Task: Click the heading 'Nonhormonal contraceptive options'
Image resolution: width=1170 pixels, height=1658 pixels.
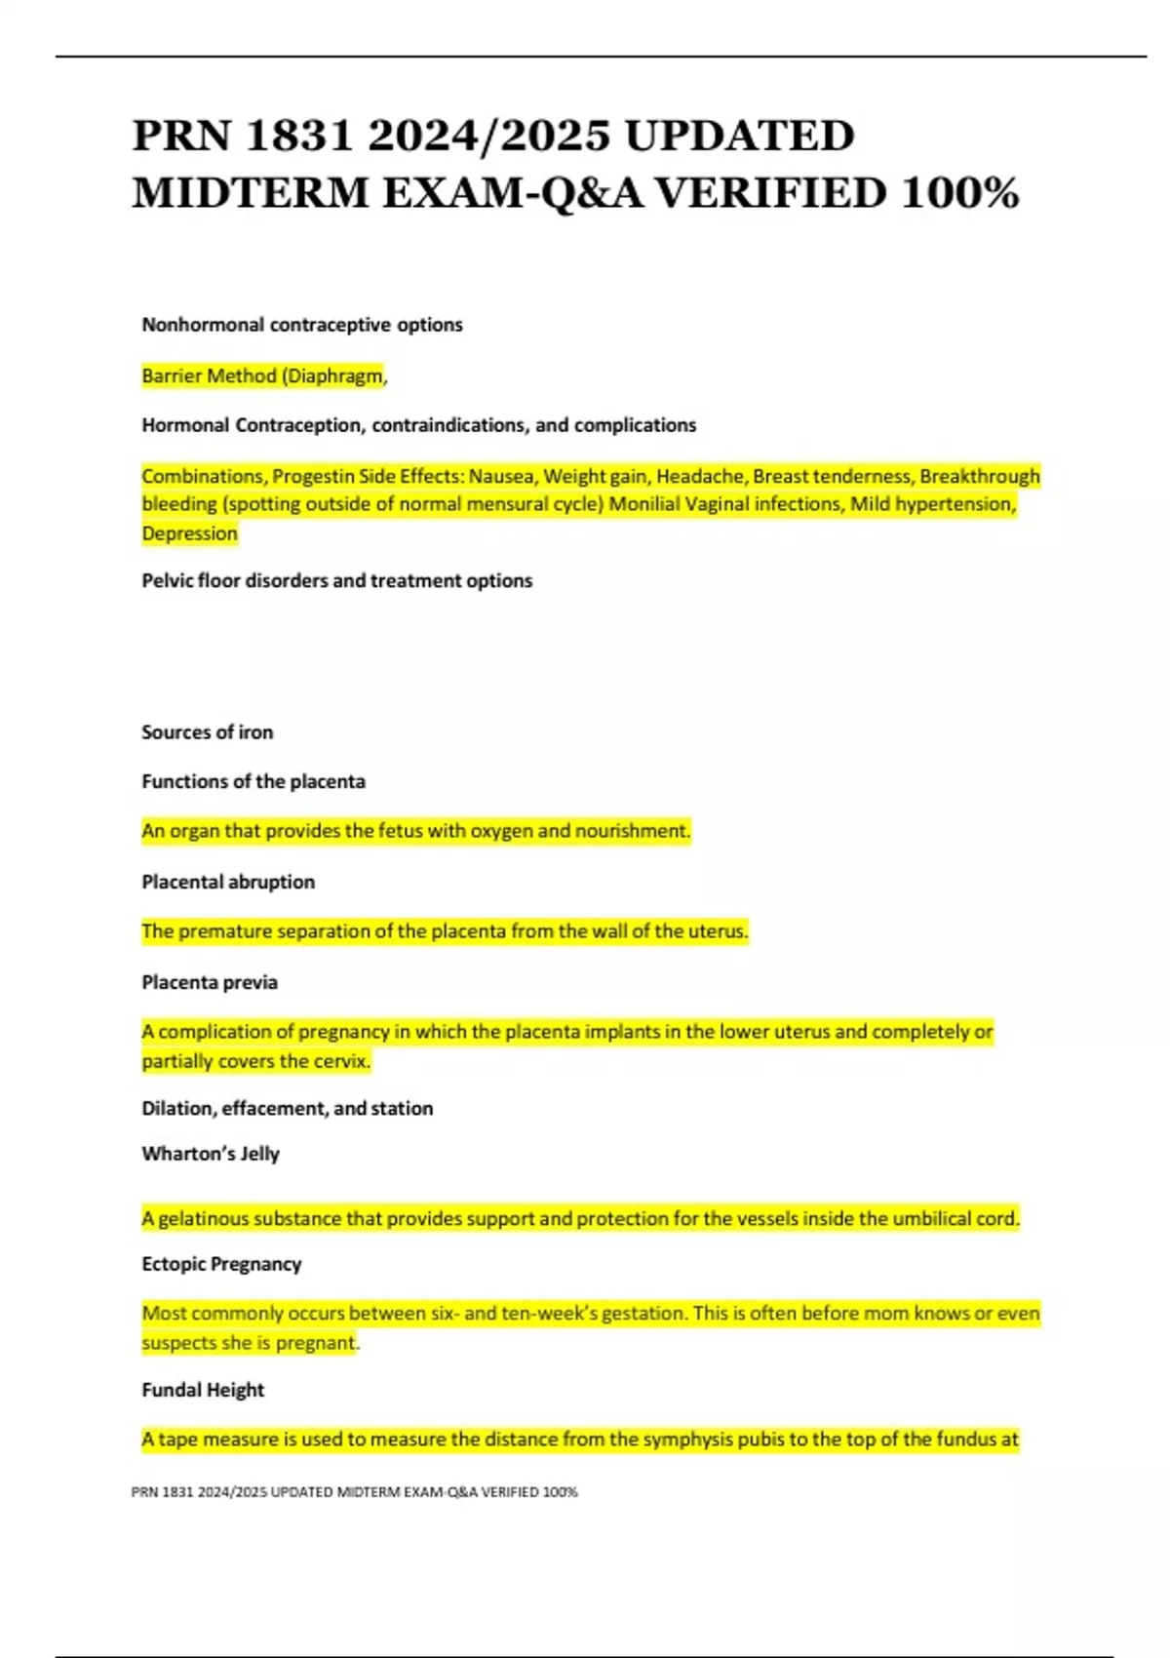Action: (302, 325)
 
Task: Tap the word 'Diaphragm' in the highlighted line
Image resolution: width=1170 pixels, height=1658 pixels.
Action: (334, 376)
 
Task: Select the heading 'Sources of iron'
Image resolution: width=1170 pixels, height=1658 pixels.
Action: (207, 732)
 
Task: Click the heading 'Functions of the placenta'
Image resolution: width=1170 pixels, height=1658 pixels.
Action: (253, 781)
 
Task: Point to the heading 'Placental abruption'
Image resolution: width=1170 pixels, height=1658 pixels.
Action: (228, 882)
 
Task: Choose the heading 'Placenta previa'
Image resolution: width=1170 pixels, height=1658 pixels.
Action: (210, 982)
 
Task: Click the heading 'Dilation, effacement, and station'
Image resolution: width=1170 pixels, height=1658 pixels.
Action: (288, 1108)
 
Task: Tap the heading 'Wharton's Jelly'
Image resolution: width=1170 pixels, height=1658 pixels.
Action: (211, 1154)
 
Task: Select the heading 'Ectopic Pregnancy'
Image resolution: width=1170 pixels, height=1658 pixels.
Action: (221, 1264)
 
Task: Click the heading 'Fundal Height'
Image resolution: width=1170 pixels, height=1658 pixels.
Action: (203, 1390)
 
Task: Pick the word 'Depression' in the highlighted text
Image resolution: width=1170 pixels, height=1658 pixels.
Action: (189, 533)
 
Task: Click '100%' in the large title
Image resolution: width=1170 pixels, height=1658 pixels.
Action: (959, 192)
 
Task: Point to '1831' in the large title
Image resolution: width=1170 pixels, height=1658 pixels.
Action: (299, 136)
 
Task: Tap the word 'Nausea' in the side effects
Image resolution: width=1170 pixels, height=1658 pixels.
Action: (502, 477)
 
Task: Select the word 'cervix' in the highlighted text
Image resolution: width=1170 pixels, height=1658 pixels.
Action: (341, 1061)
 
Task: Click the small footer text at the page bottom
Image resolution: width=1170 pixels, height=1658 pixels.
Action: (354, 1492)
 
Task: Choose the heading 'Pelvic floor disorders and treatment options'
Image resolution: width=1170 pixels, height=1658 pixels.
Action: (337, 581)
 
